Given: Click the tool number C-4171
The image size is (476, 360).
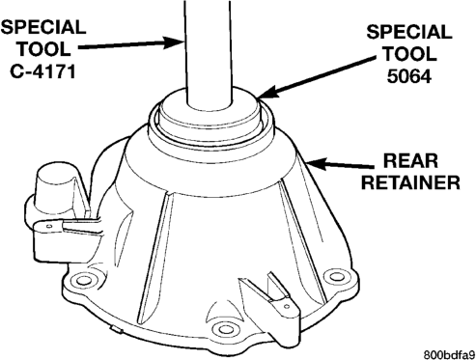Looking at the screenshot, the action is point(42,70).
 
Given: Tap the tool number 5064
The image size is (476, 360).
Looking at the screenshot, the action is point(408,75).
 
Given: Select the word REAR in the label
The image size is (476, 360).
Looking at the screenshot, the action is point(410,160).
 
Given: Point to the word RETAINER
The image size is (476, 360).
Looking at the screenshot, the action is point(410,182).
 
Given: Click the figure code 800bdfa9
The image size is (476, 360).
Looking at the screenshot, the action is point(449,354).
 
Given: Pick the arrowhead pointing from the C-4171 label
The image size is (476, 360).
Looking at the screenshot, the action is point(175,42).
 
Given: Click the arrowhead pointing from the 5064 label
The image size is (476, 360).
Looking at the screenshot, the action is point(267,92).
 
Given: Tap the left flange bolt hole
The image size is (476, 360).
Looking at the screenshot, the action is point(84,280).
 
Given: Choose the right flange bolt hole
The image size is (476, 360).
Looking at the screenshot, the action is point(337,276).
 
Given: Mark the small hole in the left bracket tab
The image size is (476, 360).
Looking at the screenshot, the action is point(49,227).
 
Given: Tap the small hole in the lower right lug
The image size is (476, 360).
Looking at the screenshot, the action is point(287,307).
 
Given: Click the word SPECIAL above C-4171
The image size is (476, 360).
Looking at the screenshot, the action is point(43,27).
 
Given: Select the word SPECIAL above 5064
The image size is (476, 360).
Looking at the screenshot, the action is point(409,32).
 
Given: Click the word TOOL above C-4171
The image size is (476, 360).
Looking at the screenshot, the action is point(43,48).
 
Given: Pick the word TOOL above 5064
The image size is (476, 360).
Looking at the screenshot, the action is point(409,53).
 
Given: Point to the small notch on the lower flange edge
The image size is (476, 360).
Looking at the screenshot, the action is point(118,330).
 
